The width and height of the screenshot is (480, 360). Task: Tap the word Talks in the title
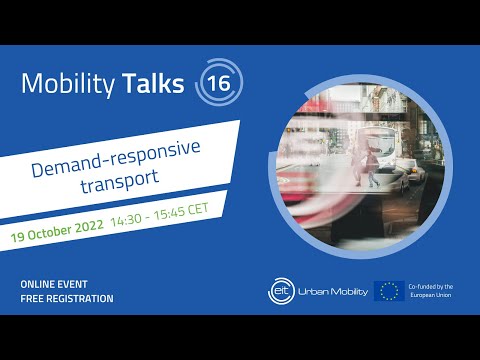152,84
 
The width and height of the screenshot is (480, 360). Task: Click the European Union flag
388,291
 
